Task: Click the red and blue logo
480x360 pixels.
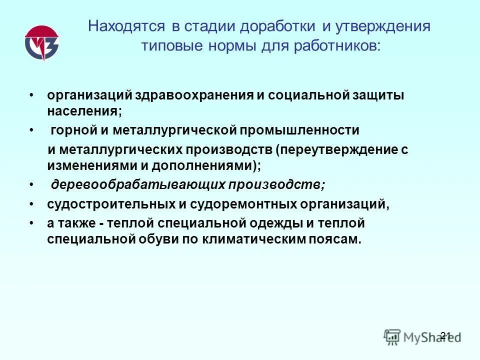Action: [x=41, y=42]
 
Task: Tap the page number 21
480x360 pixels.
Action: [x=446, y=335]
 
